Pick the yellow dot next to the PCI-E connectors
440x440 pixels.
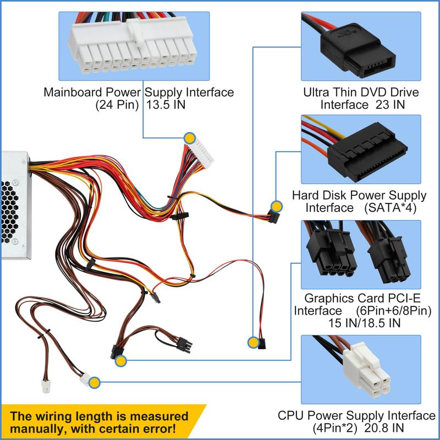[121, 360]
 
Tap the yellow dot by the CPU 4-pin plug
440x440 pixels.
[94, 382]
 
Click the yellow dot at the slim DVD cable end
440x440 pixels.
[252, 343]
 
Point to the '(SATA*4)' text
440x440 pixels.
[390, 208]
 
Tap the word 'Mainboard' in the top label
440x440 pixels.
[69, 92]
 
